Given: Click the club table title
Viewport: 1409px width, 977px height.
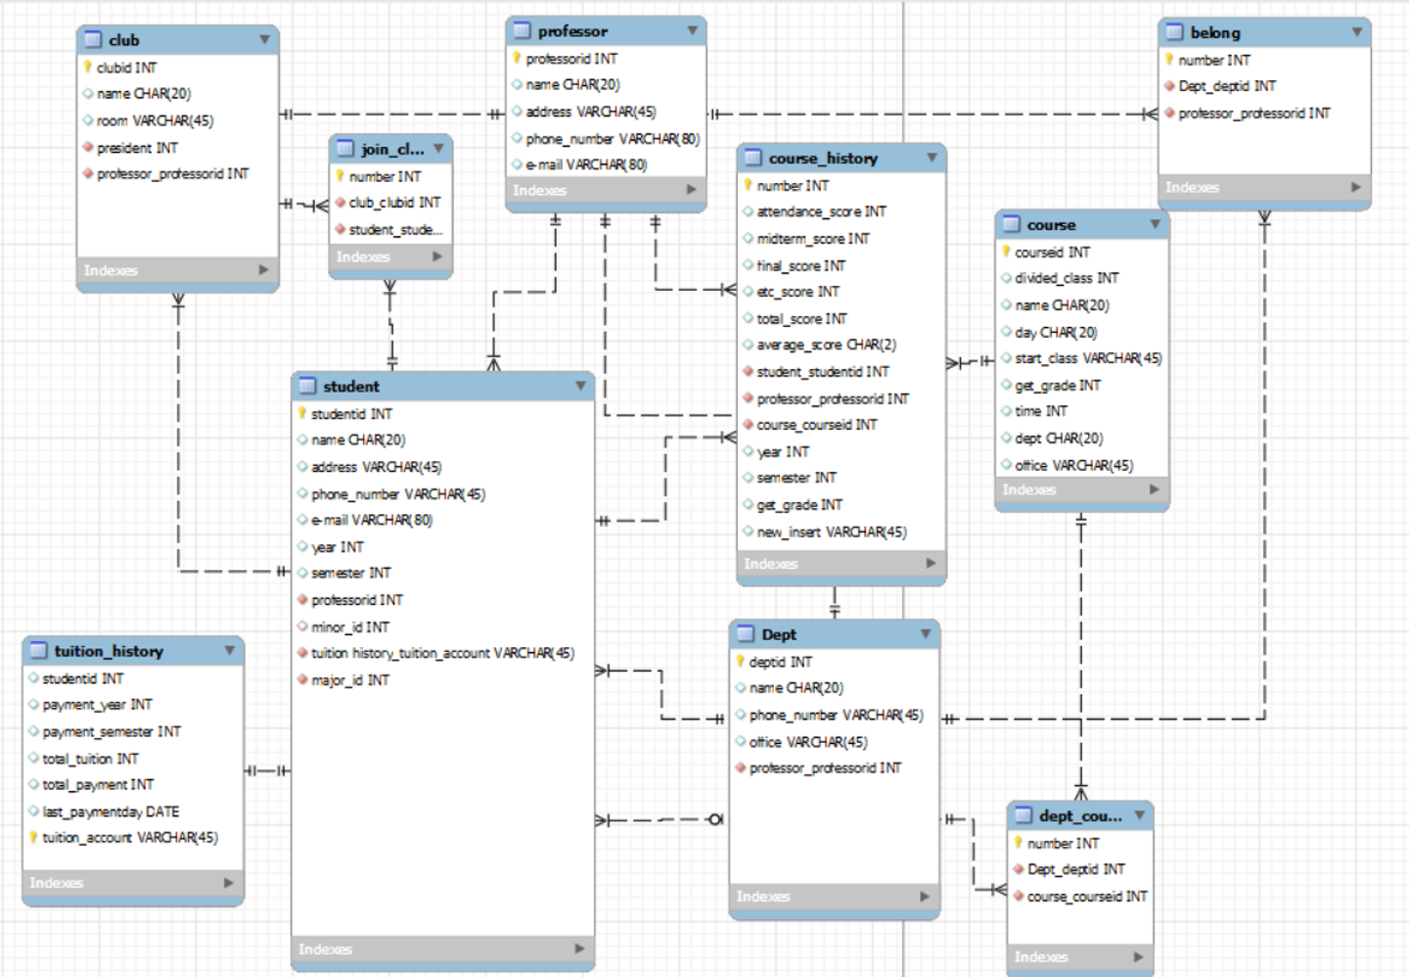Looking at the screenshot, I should point(124,40).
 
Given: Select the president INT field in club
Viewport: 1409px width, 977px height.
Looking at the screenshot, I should point(137,148).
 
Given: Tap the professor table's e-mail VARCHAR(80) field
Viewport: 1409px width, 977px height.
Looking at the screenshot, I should point(586,164).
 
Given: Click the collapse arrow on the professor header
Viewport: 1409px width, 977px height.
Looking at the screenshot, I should point(692,31).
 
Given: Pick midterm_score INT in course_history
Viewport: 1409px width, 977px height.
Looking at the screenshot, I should point(812,239).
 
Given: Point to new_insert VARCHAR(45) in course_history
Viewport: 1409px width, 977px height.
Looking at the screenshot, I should point(831,532).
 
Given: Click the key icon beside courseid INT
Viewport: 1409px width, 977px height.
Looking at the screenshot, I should point(1006,252).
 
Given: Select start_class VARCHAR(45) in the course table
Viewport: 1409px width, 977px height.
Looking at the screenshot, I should point(1088,358).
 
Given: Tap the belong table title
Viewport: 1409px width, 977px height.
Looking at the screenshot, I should point(1215,32).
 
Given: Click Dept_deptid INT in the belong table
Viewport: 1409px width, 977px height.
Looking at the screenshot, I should point(1227,86).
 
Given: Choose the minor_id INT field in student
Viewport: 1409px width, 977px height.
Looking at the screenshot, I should point(349,627).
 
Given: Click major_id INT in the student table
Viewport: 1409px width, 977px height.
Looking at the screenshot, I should point(349,679).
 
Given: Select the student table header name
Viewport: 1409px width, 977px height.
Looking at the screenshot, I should point(351,387).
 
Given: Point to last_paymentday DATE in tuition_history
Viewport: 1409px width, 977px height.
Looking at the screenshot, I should point(111,812).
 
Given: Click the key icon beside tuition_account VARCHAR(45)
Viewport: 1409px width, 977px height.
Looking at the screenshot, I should point(33,837).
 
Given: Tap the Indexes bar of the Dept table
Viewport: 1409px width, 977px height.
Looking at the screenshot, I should point(834,896).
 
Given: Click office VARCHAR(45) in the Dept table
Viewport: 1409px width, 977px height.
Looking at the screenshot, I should point(808,742).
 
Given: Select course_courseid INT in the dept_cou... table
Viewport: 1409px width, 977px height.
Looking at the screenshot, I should point(1086,896).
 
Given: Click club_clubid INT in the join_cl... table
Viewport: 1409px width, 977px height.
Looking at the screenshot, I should point(394,203).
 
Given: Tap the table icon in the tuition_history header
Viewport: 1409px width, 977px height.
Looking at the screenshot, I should point(39,651).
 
